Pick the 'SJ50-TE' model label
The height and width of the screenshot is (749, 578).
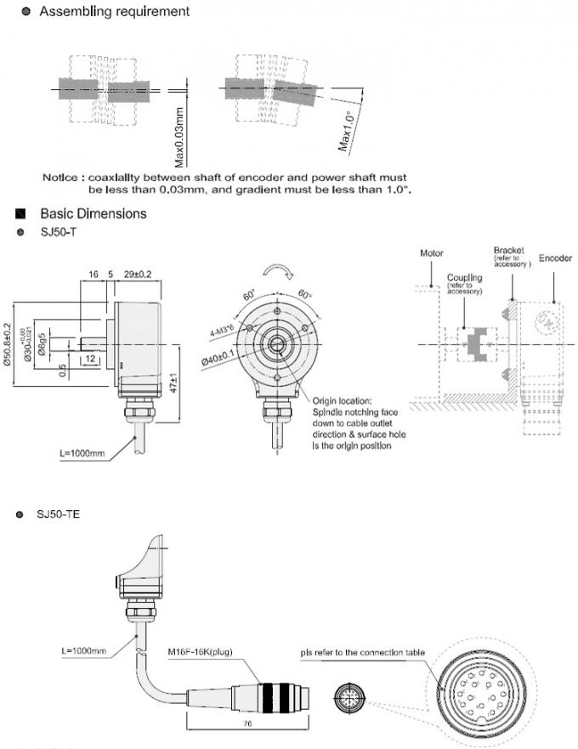click(x=60, y=514)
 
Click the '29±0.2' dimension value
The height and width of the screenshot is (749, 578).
click(x=138, y=274)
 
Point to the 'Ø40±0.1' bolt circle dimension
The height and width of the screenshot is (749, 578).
click(x=217, y=358)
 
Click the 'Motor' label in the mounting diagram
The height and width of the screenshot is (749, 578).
click(x=431, y=253)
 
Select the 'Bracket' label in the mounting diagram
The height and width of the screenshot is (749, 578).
click(x=509, y=251)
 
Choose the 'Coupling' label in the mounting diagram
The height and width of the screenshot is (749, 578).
click(x=465, y=277)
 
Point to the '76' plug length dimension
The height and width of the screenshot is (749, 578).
click(x=246, y=724)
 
